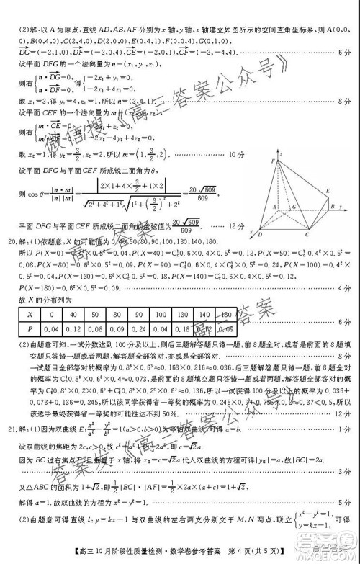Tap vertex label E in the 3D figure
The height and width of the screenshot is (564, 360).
pyautogui.click(x=328, y=191)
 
